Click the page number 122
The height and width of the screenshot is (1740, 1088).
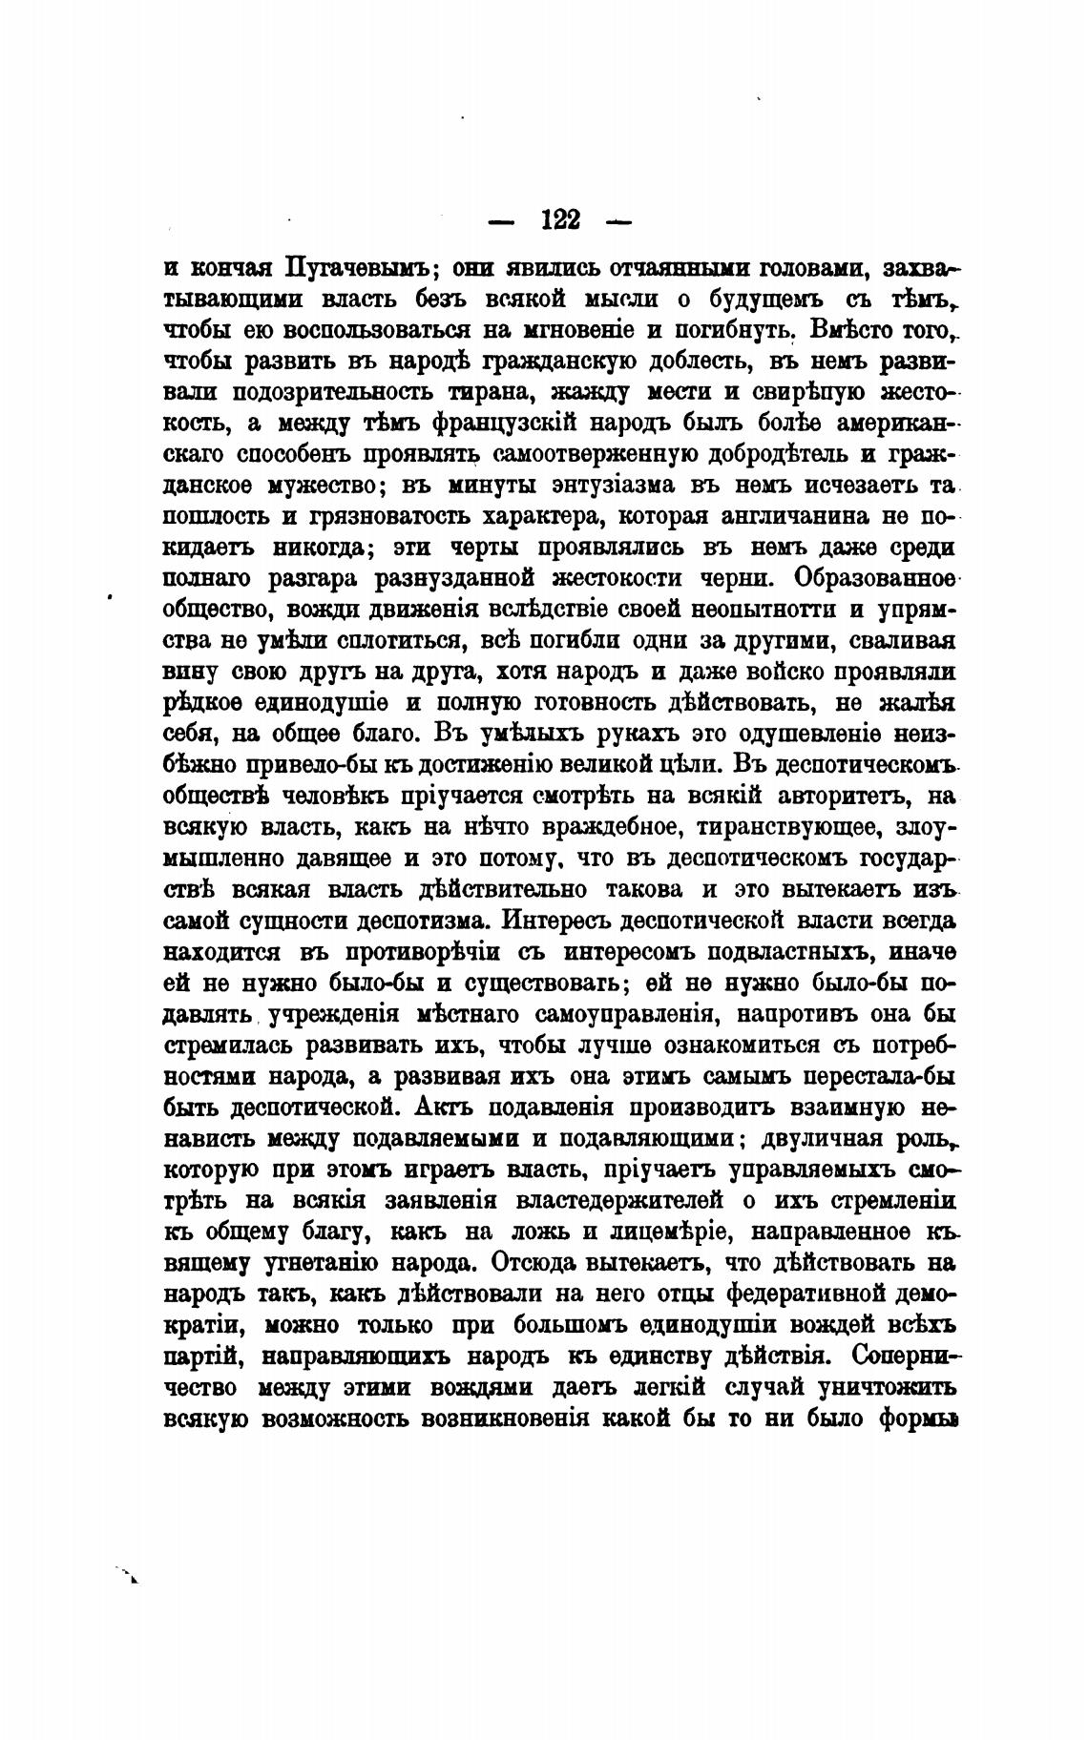pyautogui.click(x=560, y=220)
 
